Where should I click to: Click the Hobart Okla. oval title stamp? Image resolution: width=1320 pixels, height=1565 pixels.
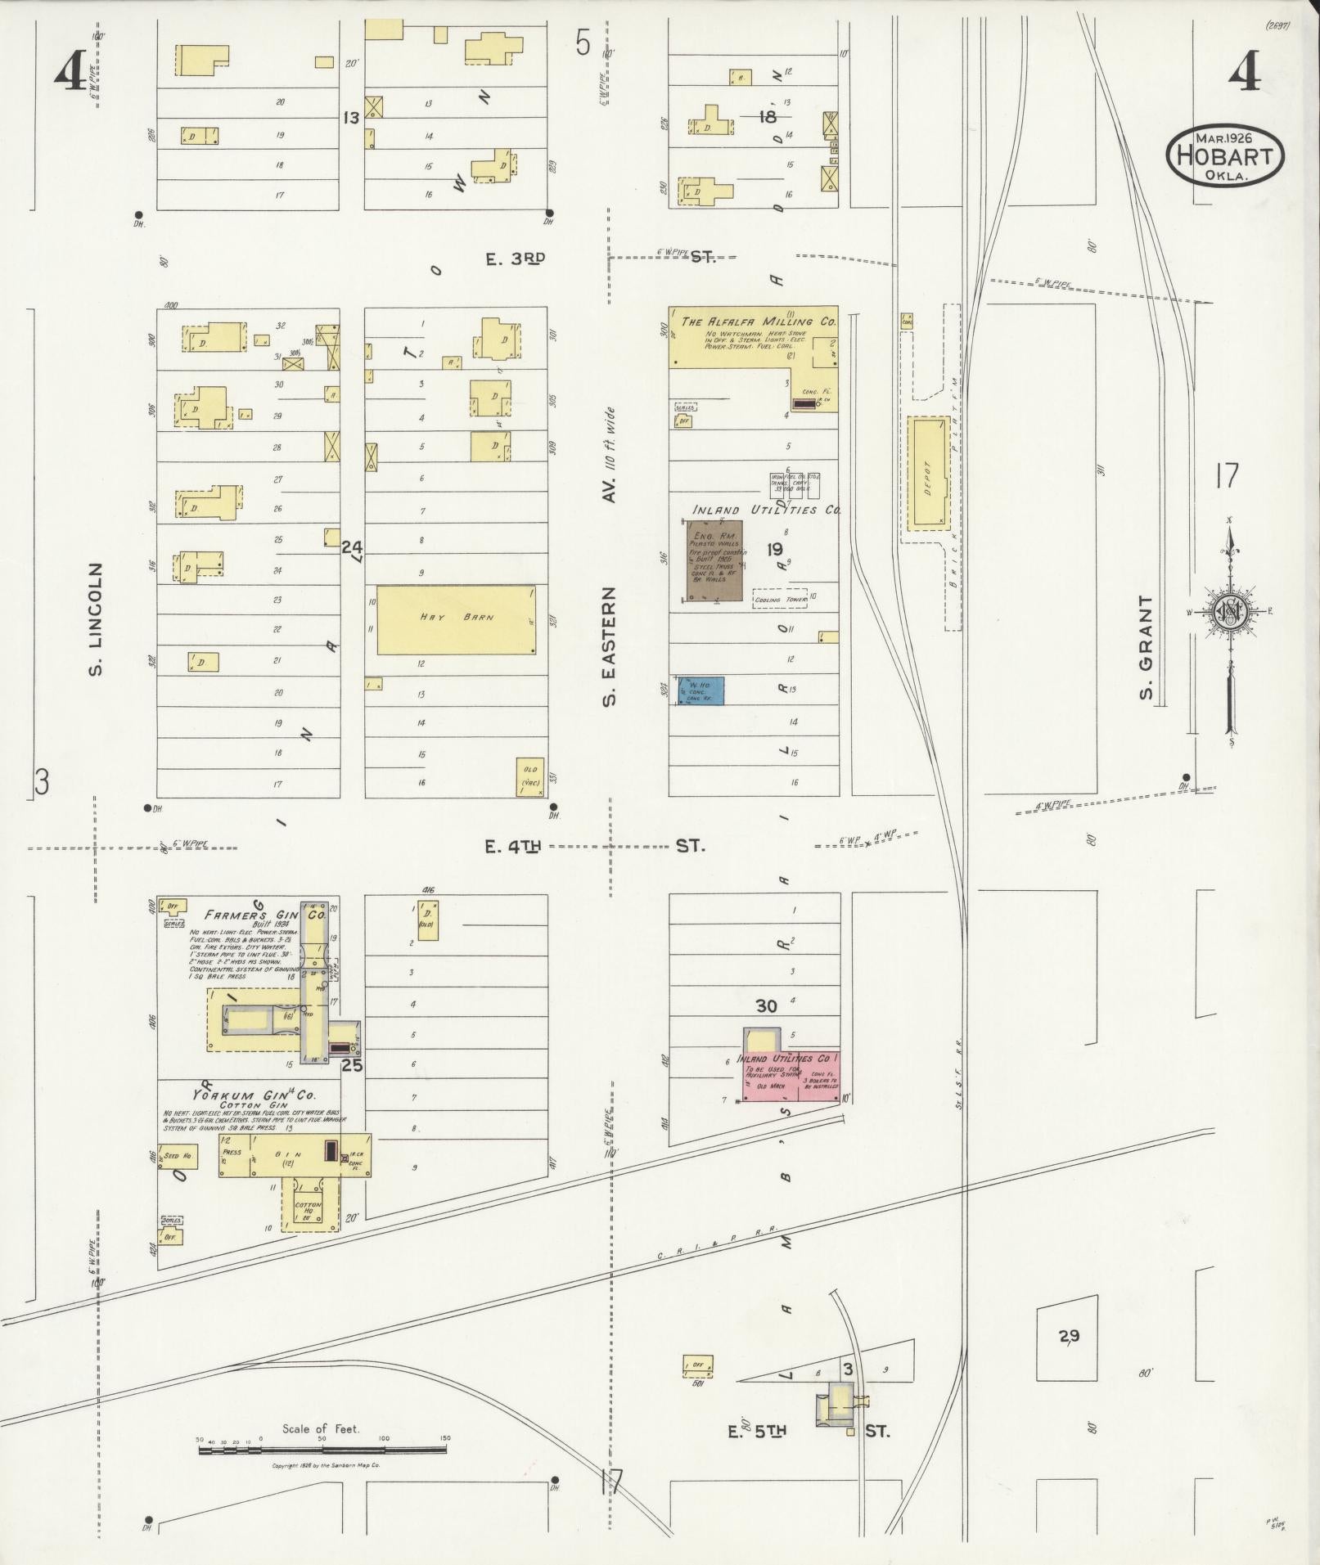click(1225, 155)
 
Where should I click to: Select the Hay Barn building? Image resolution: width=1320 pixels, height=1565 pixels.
click(456, 618)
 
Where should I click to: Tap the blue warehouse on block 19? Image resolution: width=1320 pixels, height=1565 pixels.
click(701, 690)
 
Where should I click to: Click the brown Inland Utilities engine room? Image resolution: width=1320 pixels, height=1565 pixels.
click(714, 560)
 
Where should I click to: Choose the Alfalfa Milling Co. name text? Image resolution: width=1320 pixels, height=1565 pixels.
click(757, 321)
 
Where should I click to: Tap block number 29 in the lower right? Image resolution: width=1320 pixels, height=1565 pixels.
click(1069, 1336)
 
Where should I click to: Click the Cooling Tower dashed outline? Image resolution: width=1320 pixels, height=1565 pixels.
click(779, 599)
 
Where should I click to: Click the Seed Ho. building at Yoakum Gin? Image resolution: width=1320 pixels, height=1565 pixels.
click(178, 1155)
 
